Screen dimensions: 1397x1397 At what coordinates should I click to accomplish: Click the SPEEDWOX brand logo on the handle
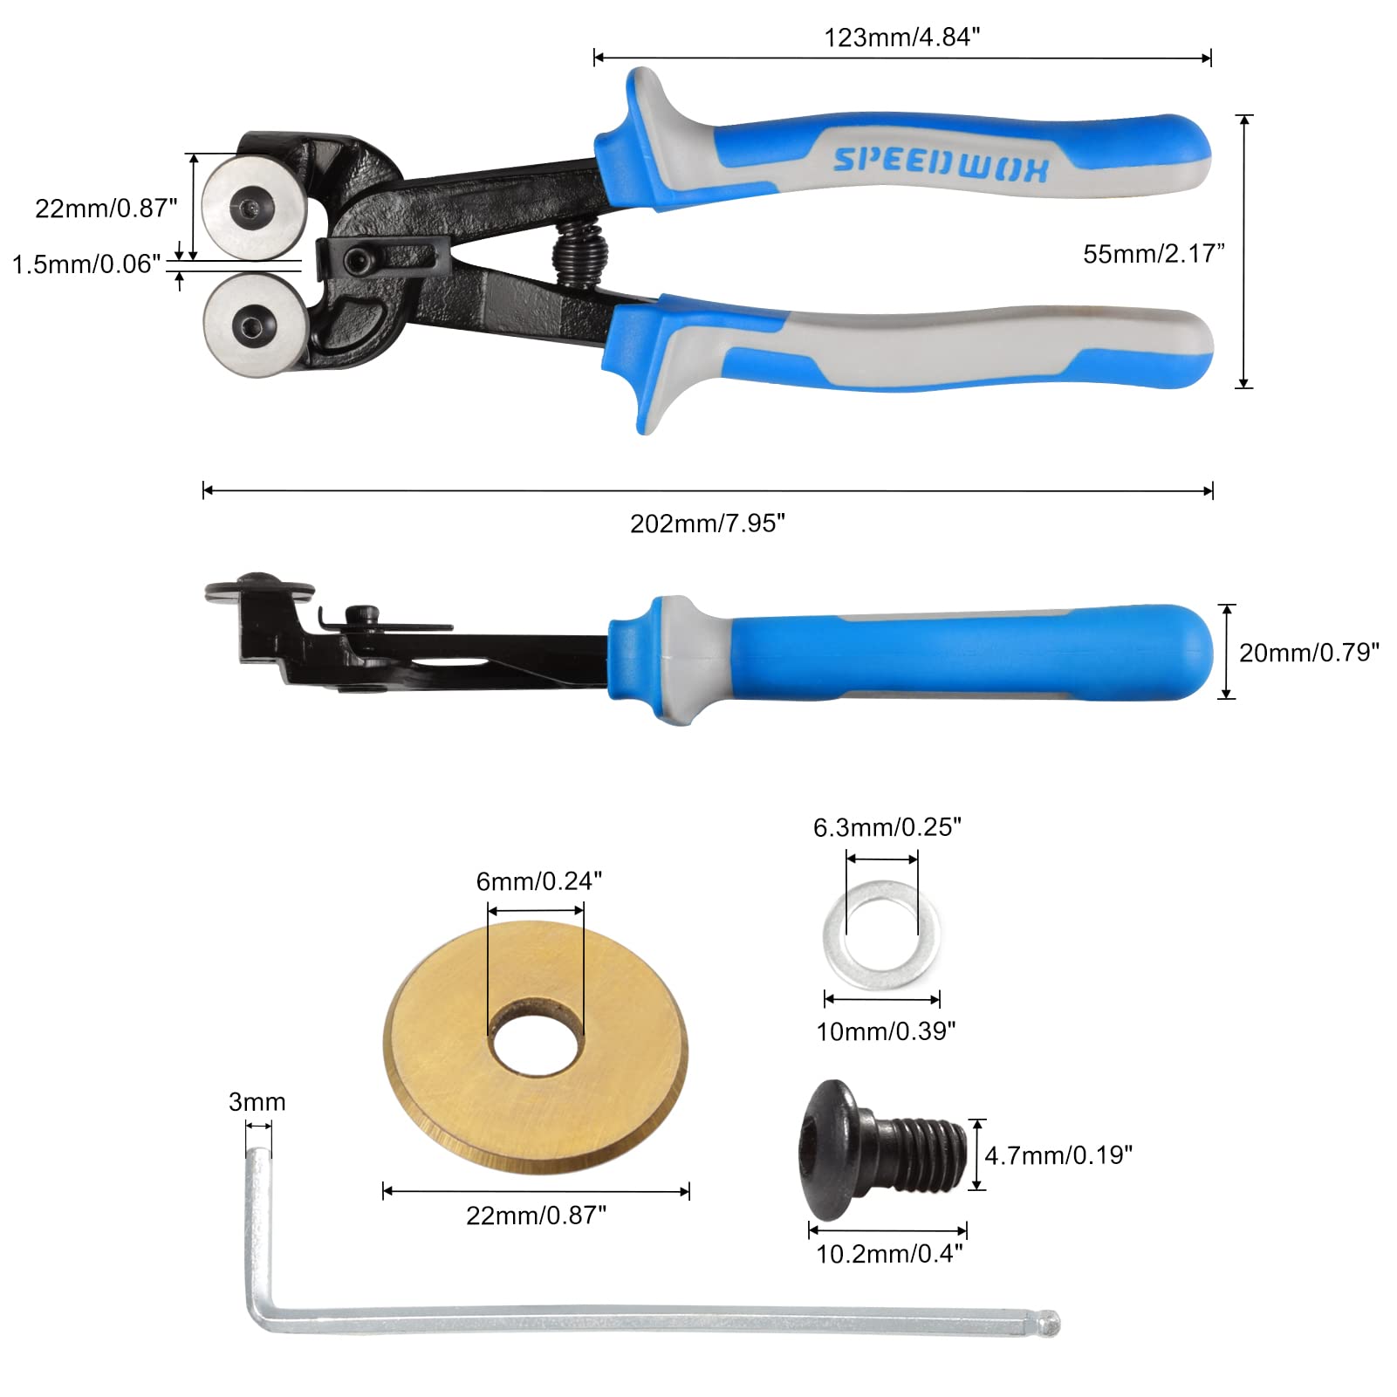coord(941,162)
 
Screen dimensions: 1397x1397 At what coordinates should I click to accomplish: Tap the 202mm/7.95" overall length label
coord(708,524)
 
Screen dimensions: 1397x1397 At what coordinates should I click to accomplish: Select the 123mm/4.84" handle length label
coord(902,38)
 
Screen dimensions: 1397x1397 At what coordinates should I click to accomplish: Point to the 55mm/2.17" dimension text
coord(1154,254)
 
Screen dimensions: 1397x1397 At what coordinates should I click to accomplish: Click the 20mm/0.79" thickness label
coord(1309,653)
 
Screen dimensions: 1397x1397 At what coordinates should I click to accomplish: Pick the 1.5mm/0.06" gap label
coord(86,264)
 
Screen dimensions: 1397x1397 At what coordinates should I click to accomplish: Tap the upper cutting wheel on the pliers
coord(253,207)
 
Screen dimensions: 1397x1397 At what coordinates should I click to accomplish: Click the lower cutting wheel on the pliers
coord(254,325)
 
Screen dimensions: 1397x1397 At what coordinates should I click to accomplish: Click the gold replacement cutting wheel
coord(536,1047)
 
